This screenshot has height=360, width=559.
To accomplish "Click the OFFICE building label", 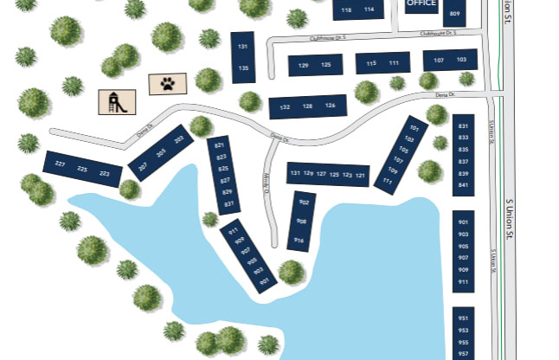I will tap(421, 3).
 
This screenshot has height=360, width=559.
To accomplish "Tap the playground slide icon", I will tap(114, 101).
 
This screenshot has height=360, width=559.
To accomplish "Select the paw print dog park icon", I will tap(166, 84).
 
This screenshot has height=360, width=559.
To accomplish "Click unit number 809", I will tap(454, 13).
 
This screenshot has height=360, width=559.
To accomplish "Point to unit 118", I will tap(347, 10).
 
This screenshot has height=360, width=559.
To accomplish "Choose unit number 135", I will tap(244, 67).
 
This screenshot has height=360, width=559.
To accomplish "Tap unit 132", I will tap(285, 106).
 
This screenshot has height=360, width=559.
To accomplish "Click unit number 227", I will tap(60, 164).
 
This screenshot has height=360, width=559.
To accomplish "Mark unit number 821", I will tap(220, 145).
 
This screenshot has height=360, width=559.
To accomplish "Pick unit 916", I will tap(299, 240).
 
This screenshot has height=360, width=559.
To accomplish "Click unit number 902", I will tap(304, 202).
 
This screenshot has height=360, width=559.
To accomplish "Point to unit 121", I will tap(361, 176).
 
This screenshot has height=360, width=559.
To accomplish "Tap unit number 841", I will tap(463, 185).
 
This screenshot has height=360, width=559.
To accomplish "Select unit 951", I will tap(463, 318).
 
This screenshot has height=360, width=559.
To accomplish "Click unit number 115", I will tap(371, 63).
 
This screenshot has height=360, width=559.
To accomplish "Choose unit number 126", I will tap(330, 106).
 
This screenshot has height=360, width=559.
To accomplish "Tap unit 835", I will tap(463, 150).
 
